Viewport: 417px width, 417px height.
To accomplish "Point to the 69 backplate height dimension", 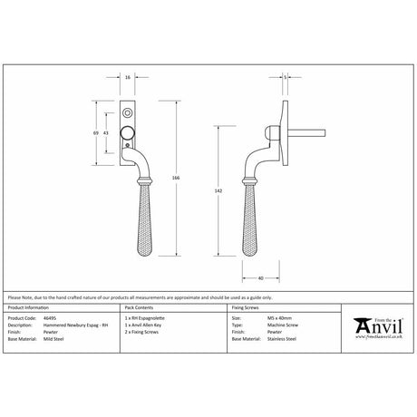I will click(x=97, y=133).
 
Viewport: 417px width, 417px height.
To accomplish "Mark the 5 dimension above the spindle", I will click(x=286, y=79).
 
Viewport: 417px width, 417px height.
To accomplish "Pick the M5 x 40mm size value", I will click(x=267, y=318).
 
